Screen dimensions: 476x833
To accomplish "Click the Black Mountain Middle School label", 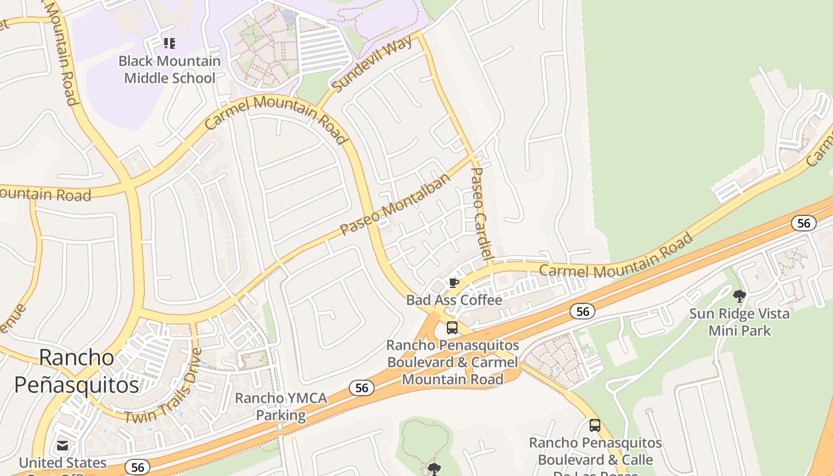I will pos(170,70).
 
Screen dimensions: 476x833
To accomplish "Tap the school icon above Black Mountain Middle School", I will pos(170,43).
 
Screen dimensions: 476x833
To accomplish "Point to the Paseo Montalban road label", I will pos(395,206).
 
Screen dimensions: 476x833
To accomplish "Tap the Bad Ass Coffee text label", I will pos(454,300).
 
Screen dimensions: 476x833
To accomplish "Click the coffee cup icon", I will pos(453,283).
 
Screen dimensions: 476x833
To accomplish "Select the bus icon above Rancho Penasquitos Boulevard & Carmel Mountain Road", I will pos(452,328).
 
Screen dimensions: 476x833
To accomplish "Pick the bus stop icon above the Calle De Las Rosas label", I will pos(594,425).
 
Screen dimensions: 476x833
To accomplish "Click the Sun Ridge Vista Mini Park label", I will pos(739,322).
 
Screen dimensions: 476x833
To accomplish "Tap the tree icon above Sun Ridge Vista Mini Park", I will pos(740,296).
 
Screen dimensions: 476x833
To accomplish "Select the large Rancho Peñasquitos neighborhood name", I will pos(77,371).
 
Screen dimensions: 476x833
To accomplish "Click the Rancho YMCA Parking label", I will pos(281,406).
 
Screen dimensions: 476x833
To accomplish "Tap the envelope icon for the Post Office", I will pos(62,446).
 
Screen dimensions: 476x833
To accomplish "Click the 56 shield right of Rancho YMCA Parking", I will pos(362,388).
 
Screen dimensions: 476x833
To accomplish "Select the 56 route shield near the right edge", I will pos(803,223).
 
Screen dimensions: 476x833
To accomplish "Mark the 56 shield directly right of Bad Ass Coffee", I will pos(583,311).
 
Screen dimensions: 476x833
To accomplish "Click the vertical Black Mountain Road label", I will pos(62,54).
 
